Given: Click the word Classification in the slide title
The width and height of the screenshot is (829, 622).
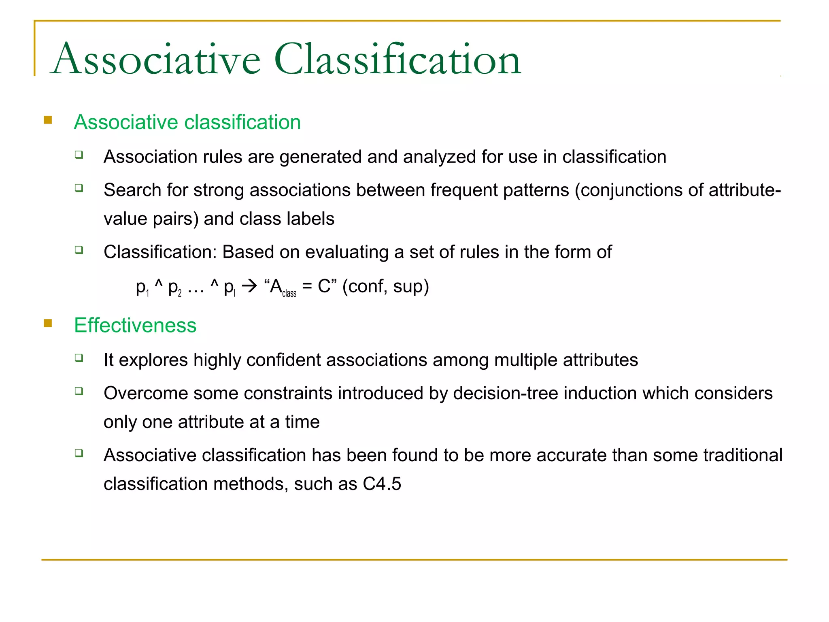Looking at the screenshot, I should click(397, 60).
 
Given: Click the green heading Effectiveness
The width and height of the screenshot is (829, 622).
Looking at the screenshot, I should click(135, 325).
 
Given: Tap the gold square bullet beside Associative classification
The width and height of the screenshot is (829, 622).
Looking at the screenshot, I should click(48, 120).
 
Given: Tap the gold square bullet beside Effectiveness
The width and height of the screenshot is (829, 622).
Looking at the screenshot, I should click(48, 323).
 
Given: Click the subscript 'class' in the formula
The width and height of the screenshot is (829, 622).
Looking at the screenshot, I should click(289, 293).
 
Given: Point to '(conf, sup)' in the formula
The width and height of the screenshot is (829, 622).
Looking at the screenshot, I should click(385, 286).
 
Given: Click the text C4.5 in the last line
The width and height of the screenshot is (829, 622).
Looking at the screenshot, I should click(382, 484).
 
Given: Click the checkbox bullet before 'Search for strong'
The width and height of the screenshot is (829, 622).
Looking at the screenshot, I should click(79, 187).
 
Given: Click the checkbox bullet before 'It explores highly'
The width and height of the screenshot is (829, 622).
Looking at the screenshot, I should click(79, 357).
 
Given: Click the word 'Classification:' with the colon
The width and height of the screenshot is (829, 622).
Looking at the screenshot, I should click(160, 252).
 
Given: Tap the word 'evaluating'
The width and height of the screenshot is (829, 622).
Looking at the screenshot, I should click(347, 252).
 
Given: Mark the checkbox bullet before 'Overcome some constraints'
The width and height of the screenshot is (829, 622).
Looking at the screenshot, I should click(79, 391).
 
